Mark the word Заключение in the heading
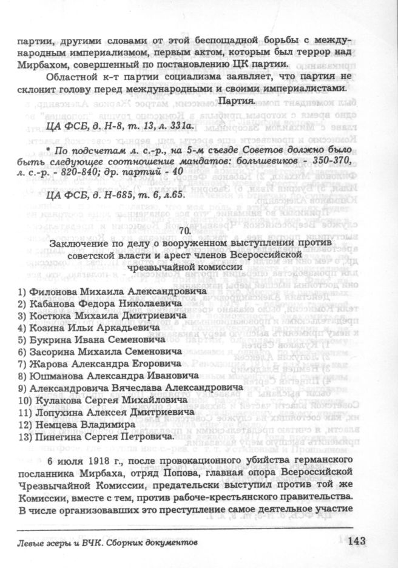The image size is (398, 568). coord(78,244)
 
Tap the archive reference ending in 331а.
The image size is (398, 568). coord(119,126)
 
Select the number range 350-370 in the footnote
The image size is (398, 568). coord(331,163)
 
